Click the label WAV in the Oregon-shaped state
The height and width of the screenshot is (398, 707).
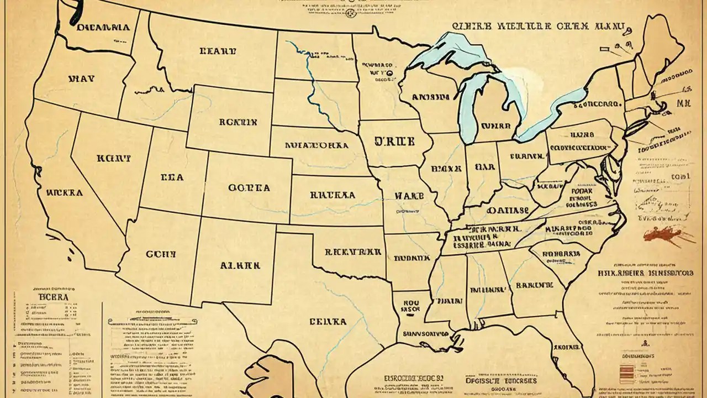(x=81, y=78)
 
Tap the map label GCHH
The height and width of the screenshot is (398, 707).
(x=161, y=254)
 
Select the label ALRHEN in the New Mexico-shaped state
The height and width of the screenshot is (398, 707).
(x=240, y=265)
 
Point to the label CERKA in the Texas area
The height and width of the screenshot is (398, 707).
(x=328, y=321)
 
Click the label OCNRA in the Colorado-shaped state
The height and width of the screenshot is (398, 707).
(x=249, y=188)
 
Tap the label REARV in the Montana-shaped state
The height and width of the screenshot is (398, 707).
(x=218, y=51)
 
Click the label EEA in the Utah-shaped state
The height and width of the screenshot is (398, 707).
(x=171, y=178)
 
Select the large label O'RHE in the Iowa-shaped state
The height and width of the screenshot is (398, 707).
(x=394, y=142)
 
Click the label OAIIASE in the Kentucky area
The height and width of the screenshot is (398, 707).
(x=508, y=211)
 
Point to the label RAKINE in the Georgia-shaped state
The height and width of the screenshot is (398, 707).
(x=534, y=285)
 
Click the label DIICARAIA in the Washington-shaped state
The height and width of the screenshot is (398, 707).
(x=103, y=27)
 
